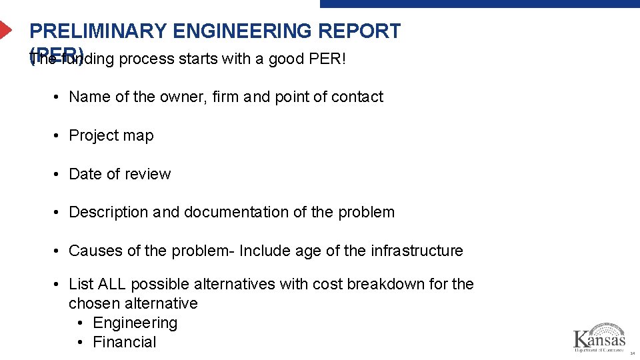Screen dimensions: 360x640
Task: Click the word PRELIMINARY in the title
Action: tap(98, 31)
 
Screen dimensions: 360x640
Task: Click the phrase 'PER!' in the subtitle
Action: tap(328, 59)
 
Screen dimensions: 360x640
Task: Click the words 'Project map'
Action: tap(111, 135)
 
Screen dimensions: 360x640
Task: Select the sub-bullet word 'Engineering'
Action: tap(135, 323)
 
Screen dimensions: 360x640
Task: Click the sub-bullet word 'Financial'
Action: tap(125, 342)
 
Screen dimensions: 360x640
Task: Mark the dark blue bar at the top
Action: tap(479, 3)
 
